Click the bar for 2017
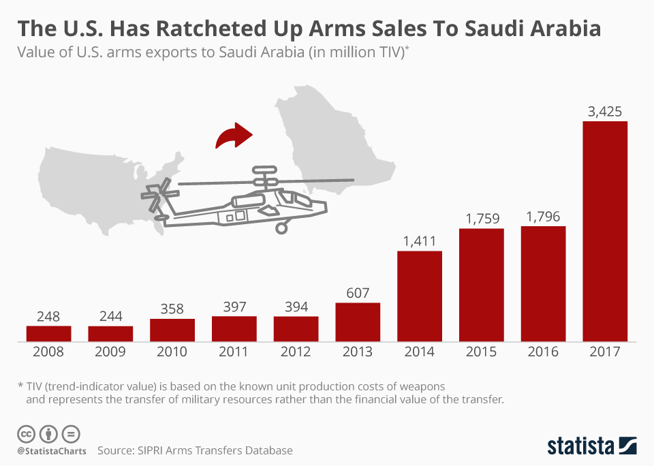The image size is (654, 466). pyautogui.click(x=605, y=232)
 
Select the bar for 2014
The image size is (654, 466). pyautogui.click(x=420, y=296)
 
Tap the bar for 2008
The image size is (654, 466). pyautogui.click(x=49, y=333)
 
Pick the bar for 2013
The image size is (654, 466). pyautogui.click(x=358, y=322)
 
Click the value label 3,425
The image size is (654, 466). pyautogui.click(x=605, y=112)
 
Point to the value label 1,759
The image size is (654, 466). pyautogui.click(x=482, y=219)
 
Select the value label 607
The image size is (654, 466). pyautogui.click(x=358, y=293)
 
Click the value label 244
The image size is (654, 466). pyautogui.click(x=110, y=316)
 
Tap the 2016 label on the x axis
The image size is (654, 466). pyautogui.click(x=543, y=352)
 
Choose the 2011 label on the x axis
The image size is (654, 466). pyautogui.click(x=234, y=352)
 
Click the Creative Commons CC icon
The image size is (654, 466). pyautogui.click(x=26, y=433)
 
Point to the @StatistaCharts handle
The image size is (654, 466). pyautogui.click(x=49, y=451)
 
